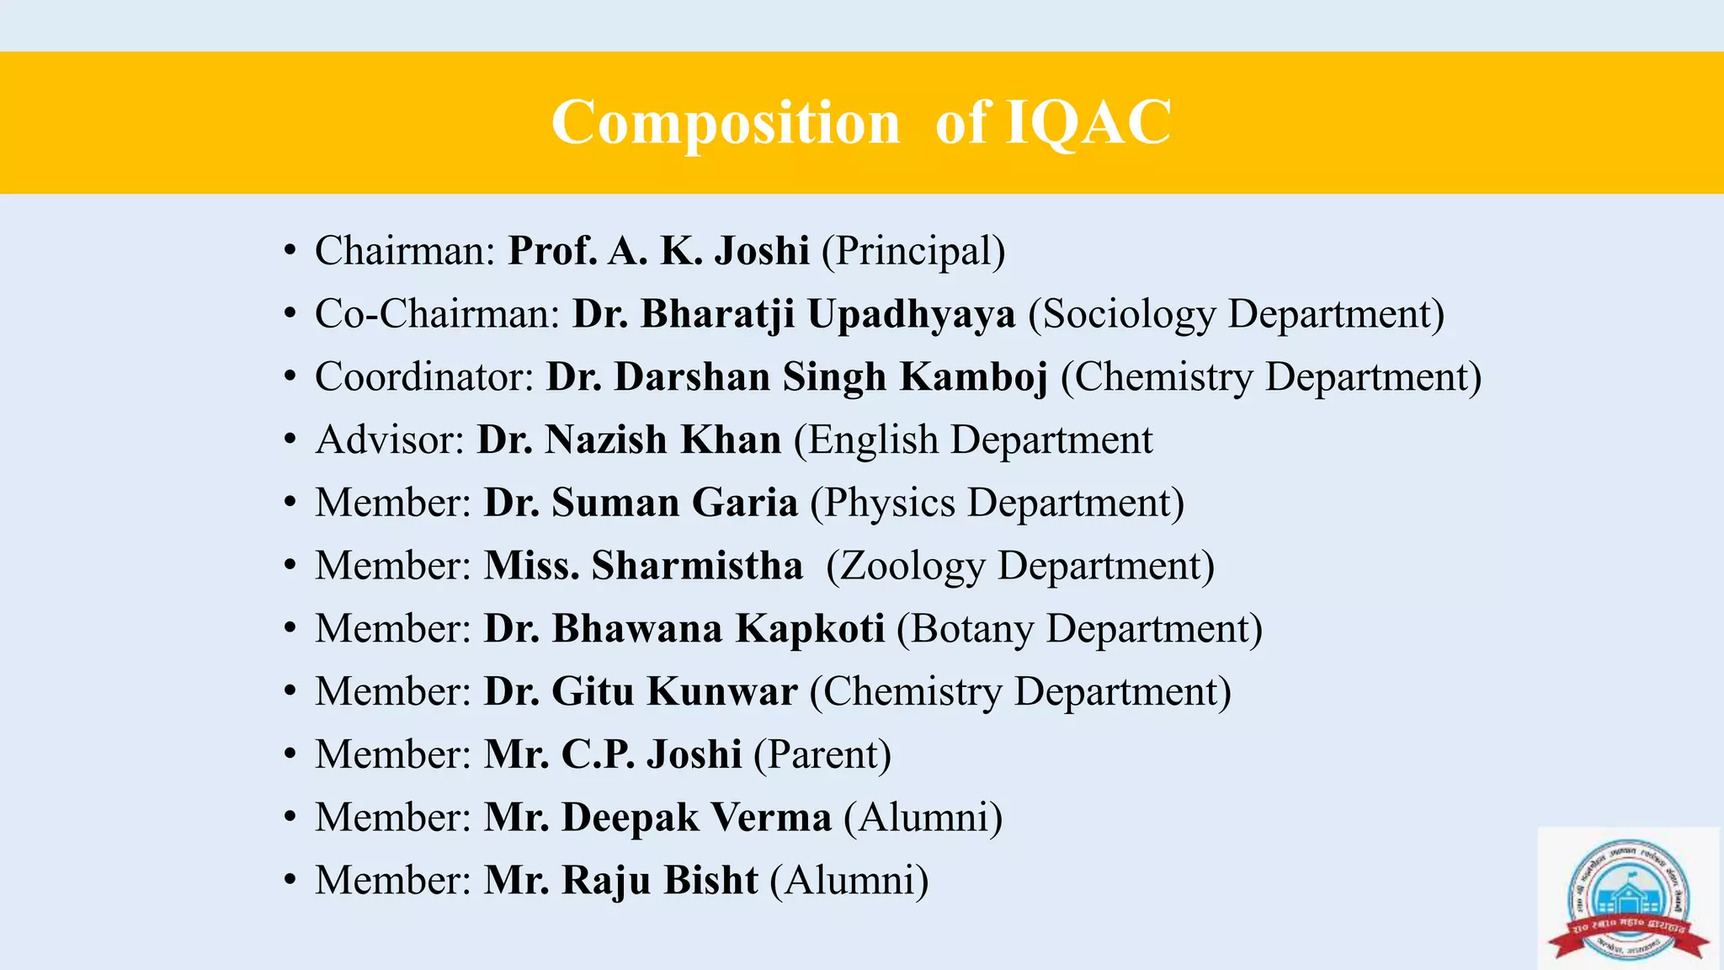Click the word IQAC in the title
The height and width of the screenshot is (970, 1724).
1088,123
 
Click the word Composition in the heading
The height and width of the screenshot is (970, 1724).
726,123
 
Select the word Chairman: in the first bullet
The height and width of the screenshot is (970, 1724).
405,251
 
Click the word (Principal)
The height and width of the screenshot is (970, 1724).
913,251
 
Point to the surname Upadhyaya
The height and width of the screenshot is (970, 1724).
912,314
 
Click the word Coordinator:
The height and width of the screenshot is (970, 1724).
424,376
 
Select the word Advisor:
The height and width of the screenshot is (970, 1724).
390,440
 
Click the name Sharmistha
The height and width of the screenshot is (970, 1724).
697,565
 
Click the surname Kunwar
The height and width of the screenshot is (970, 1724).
722,691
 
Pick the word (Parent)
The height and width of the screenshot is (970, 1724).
822,754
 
